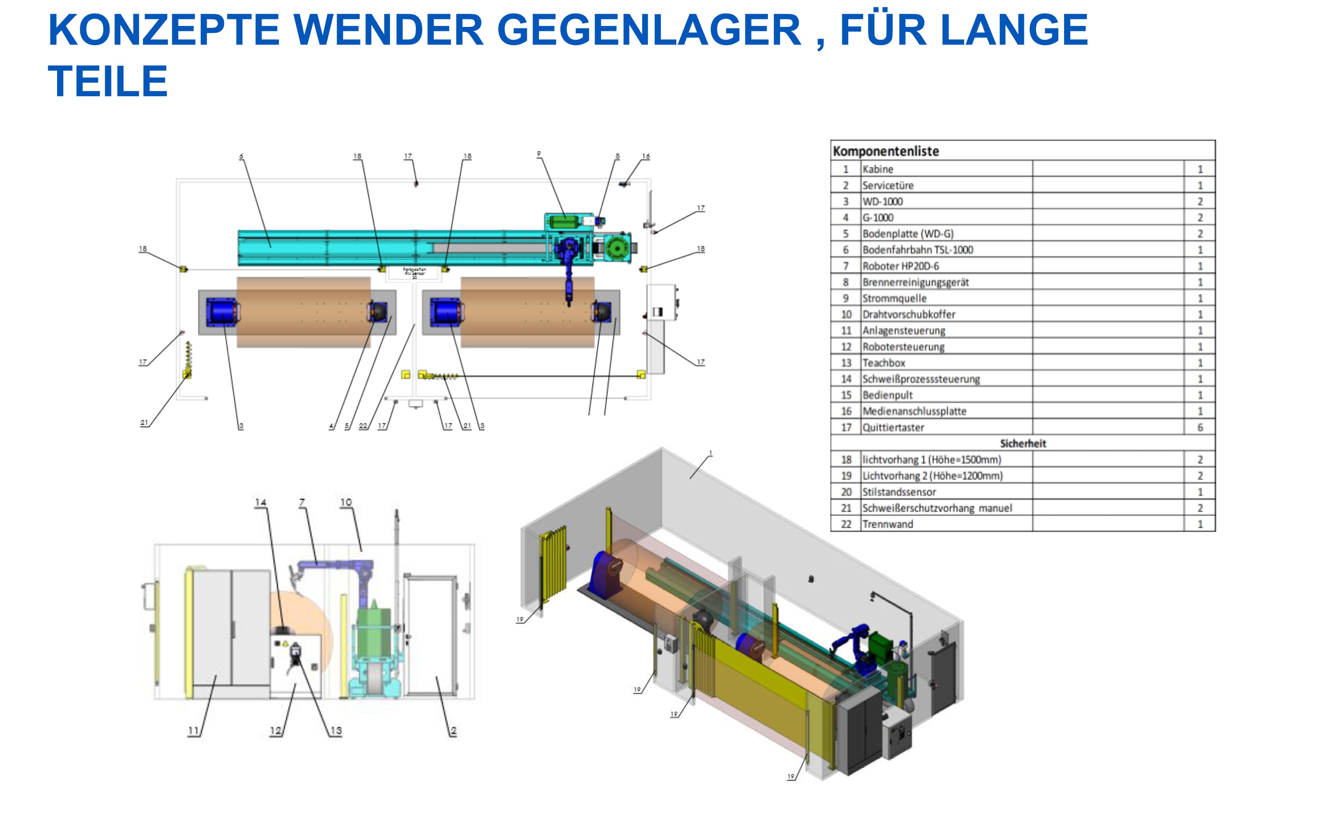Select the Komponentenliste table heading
(x=886, y=151)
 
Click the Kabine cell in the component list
(x=878, y=169)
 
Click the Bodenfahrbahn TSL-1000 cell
(x=917, y=250)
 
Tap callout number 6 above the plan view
(x=241, y=156)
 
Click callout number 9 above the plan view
(x=539, y=154)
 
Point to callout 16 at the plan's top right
(x=646, y=156)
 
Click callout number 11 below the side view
(x=193, y=731)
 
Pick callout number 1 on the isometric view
(x=711, y=453)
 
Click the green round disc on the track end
(x=617, y=249)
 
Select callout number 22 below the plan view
(x=363, y=426)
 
